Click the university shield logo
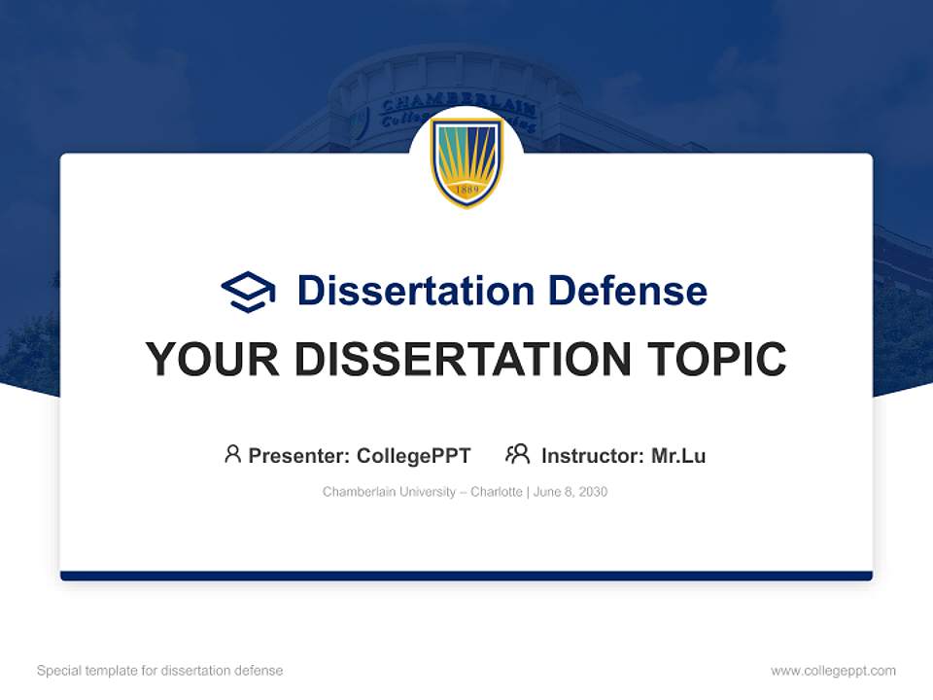coord(466,161)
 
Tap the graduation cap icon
coord(248,291)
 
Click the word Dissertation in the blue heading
coord(415,291)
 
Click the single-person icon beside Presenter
coord(232,454)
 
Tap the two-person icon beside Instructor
coord(517,454)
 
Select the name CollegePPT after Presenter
coord(414,456)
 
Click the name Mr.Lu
coord(678,456)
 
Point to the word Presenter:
coord(299,456)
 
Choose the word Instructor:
coord(593,456)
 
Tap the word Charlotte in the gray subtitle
coord(497,492)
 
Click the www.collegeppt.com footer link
coord(833,671)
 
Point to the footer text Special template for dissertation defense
coord(160,671)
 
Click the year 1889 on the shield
coord(466,190)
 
